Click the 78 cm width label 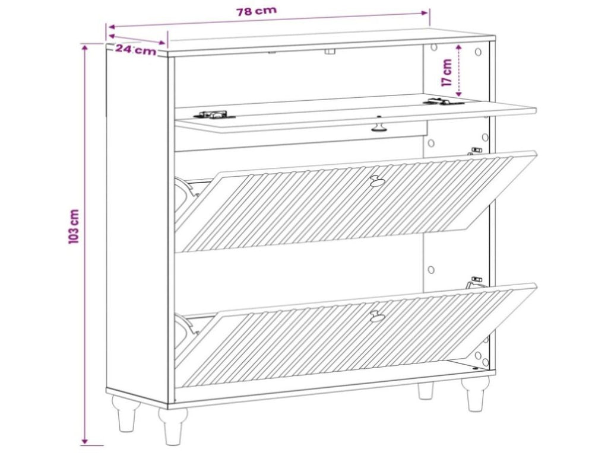point(256,11)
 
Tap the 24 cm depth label point(136,50)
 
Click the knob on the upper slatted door point(376,180)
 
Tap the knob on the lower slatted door point(377,315)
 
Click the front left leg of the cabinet point(173,426)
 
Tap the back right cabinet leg point(426,391)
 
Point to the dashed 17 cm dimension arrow point(459,71)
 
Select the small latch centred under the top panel point(330,51)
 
